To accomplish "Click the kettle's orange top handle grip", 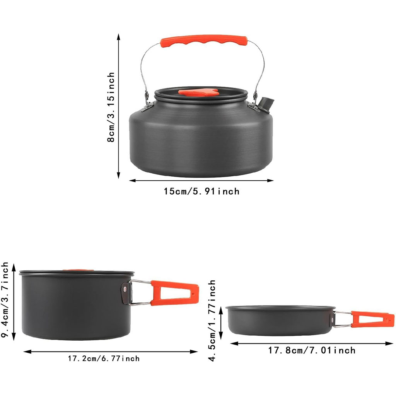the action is [x=204, y=41].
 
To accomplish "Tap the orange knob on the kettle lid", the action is [x=199, y=92].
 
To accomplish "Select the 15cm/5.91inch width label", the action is [x=201, y=191].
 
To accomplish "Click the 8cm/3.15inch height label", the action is [x=111, y=107].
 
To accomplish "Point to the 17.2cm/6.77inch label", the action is [x=104, y=358].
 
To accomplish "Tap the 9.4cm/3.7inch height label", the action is [x=5, y=300].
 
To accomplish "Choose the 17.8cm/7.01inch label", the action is [x=312, y=350].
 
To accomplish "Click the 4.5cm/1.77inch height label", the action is [x=212, y=321].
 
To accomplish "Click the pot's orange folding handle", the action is [x=174, y=293].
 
